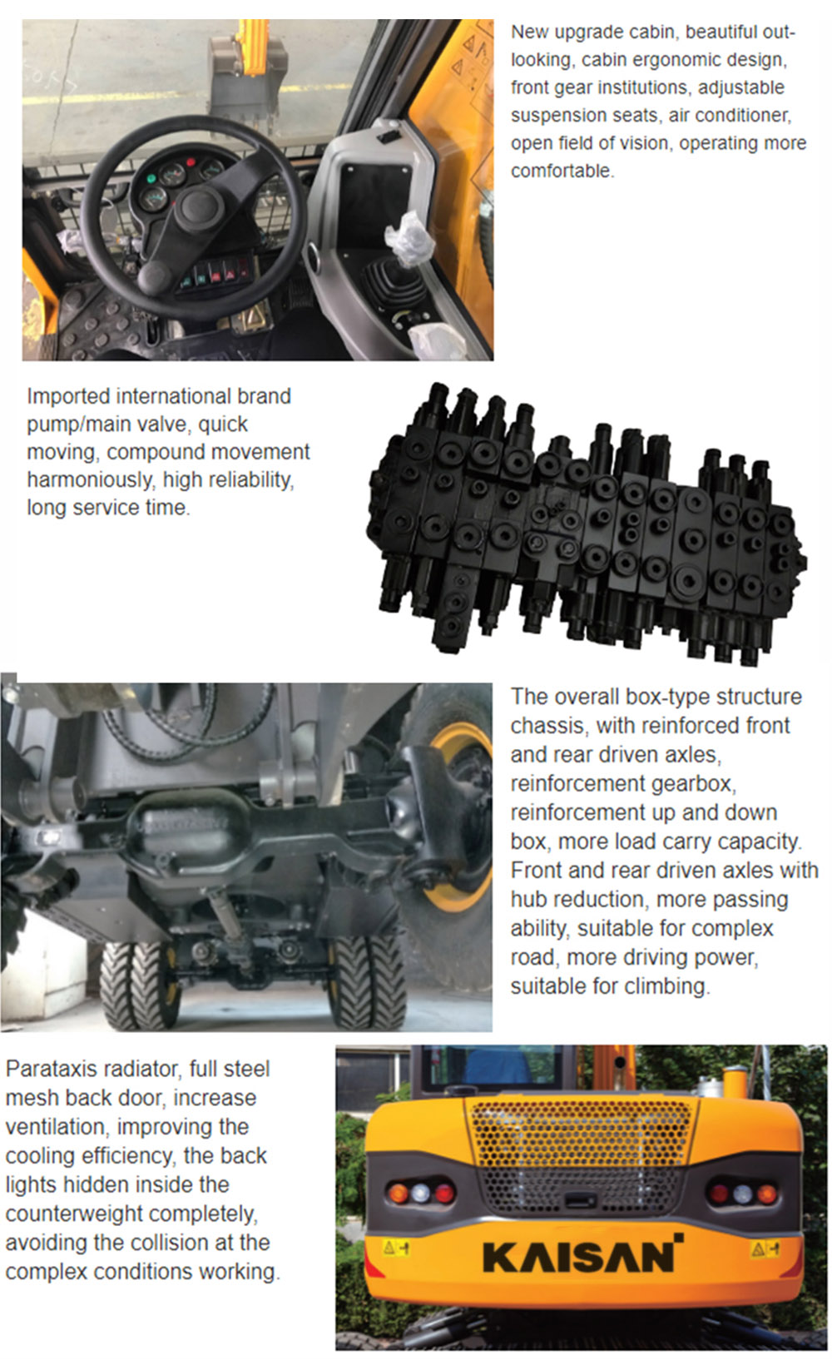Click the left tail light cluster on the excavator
tap(420, 1192)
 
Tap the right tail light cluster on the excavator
tap(742, 1194)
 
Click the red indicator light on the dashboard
tap(191, 162)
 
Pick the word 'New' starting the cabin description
tap(529, 32)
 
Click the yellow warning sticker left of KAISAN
tap(395, 1248)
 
